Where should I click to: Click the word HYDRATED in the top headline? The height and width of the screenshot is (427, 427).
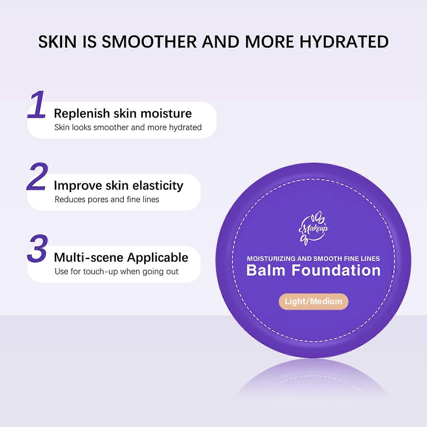[344, 42]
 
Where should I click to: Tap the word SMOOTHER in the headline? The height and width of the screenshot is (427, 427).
[149, 42]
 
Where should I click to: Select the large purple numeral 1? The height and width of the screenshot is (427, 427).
[37, 104]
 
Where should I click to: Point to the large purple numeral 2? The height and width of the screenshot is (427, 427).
[38, 176]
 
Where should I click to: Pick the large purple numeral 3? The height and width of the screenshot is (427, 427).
[38, 248]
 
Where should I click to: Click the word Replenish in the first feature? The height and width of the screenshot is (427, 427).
[82, 113]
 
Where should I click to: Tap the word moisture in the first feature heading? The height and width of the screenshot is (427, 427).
[166, 113]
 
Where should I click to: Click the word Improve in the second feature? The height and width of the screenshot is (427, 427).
[78, 186]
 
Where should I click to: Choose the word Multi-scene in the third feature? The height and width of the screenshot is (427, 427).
[89, 258]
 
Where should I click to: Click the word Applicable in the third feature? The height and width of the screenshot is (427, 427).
[158, 258]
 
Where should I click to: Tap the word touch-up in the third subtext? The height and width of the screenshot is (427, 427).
[101, 272]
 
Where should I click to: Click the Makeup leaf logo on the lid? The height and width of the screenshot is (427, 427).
[313, 227]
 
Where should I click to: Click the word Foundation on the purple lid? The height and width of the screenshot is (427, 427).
[336, 270]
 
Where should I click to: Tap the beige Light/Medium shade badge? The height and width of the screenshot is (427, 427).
[313, 302]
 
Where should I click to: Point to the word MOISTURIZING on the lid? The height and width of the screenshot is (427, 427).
[271, 259]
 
